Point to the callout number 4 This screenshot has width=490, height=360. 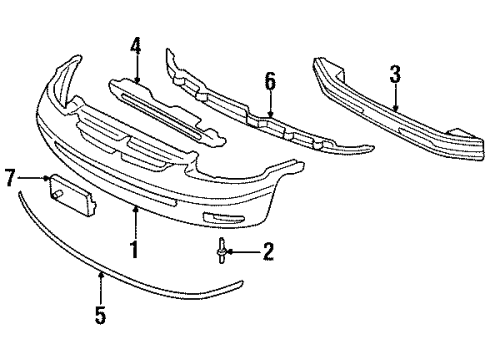(136, 45)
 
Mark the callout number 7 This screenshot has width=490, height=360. (10, 179)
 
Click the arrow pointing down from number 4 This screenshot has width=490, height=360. (136, 68)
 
